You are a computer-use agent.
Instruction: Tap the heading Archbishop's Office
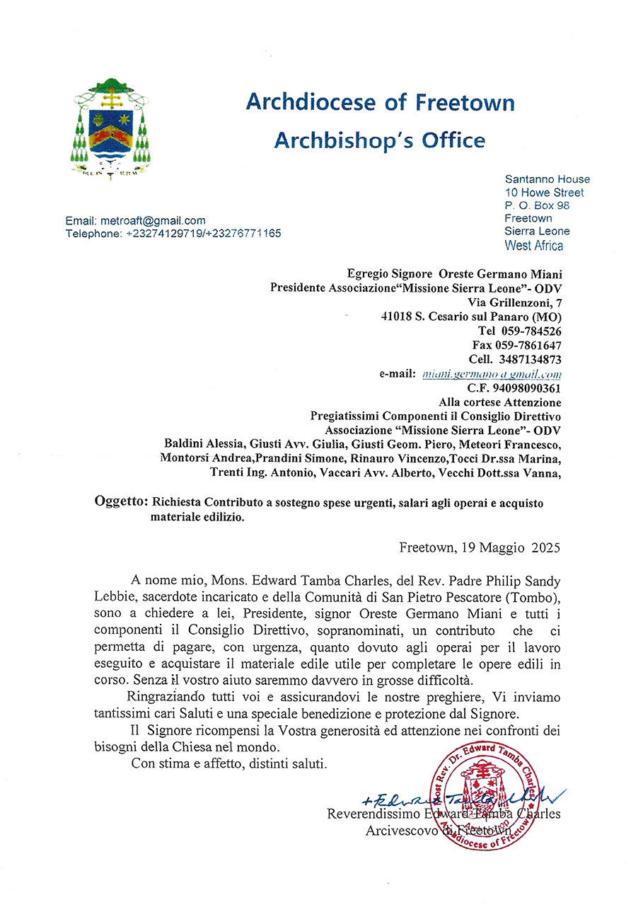379,140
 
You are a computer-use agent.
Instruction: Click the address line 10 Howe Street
544,193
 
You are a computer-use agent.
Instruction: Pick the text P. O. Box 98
537,205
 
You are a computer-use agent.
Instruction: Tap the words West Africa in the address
533,246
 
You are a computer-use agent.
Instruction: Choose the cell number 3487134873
530,359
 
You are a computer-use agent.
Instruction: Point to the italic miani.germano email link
491,374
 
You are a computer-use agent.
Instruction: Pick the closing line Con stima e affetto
228,764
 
